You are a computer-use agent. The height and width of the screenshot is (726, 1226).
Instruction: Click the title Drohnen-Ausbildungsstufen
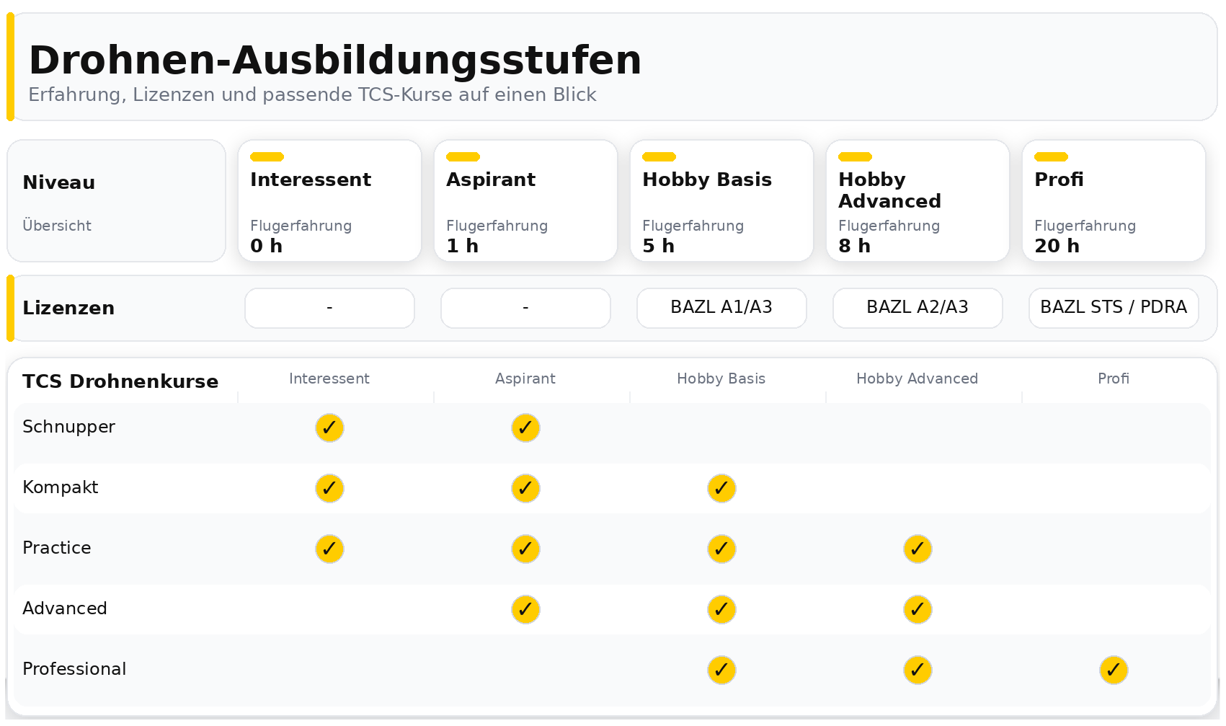tap(334, 60)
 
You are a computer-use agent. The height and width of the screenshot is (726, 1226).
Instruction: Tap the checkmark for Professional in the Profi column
tap(1113, 670)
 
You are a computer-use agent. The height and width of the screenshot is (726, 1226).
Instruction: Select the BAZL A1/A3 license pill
tap(721, 308)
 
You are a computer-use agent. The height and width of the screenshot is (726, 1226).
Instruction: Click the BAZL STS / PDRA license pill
tap(1113, 308)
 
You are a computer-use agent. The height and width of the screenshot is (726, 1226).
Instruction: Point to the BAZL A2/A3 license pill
tap(917, 308)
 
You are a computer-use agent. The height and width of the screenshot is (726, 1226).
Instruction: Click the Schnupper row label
tap(68, 427)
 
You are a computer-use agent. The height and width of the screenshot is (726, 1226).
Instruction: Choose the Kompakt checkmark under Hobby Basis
tap(721, 488)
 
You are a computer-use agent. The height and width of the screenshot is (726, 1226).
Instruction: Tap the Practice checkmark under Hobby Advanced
tap(917, 549)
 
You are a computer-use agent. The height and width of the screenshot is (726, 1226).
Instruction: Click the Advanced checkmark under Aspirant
tap(525, 609)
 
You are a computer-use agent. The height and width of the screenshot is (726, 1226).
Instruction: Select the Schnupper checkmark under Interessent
tap(329, 428)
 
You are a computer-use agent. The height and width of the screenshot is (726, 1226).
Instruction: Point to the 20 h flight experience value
tap(1057, 246)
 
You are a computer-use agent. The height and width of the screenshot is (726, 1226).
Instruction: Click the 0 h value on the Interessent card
tap(266, 246)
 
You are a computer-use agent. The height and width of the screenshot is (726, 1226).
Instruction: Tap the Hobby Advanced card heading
tap(889, 190)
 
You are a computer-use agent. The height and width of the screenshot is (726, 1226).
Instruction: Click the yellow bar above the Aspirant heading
tap(463, 156)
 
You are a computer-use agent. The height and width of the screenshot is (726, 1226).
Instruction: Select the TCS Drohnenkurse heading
tap(120, 381)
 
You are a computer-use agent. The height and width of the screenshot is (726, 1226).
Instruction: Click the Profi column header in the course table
tap(1113, 379)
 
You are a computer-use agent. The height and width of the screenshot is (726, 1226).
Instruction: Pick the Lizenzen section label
tap(68, 308)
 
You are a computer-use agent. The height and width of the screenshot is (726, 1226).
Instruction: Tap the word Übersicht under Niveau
tap(57, 226)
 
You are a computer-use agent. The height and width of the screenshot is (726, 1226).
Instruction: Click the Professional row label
tap(74, 669)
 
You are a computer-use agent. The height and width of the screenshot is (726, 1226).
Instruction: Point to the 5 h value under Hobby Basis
tap(658, 246)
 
